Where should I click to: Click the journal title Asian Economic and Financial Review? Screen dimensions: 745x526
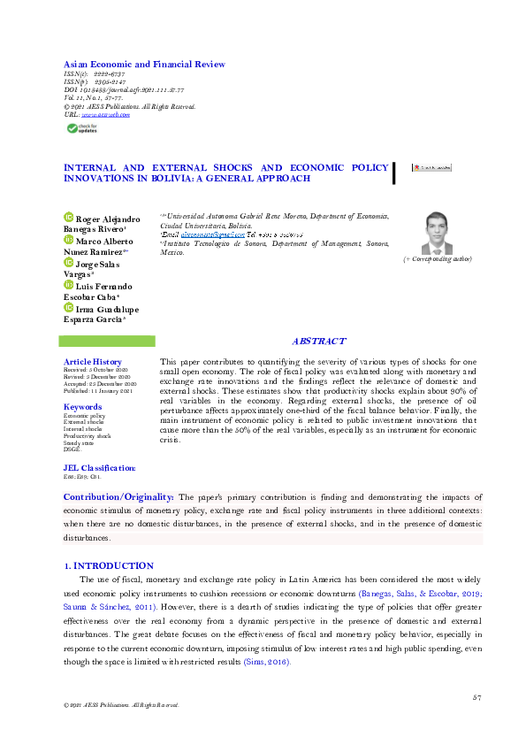pos(144,65)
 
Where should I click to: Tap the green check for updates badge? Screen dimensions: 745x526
pos(85,128)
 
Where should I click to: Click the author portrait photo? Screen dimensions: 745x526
pos(437,233)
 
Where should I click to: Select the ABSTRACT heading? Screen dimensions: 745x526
pos(318,342)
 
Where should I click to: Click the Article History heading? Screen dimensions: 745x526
pos(93,362)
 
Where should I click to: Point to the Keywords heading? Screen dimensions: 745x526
pos(83,407)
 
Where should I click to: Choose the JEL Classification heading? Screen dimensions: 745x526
pos(100,467)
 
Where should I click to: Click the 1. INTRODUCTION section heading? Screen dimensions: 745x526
pos(109,565)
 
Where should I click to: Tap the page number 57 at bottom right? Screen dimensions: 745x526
pos(476,698)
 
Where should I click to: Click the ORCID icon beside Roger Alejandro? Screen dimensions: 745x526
pos(68,218)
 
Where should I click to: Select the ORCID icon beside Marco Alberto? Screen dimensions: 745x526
pos(68,241)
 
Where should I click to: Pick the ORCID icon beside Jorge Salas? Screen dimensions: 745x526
pos(68,263)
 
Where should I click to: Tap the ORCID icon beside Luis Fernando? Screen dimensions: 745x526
pos(68,286)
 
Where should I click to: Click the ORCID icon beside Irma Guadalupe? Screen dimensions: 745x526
pos(68,309)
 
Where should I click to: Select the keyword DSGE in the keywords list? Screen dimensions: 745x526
pos(72,449)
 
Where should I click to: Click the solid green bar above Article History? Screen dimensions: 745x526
pos(110,341)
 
